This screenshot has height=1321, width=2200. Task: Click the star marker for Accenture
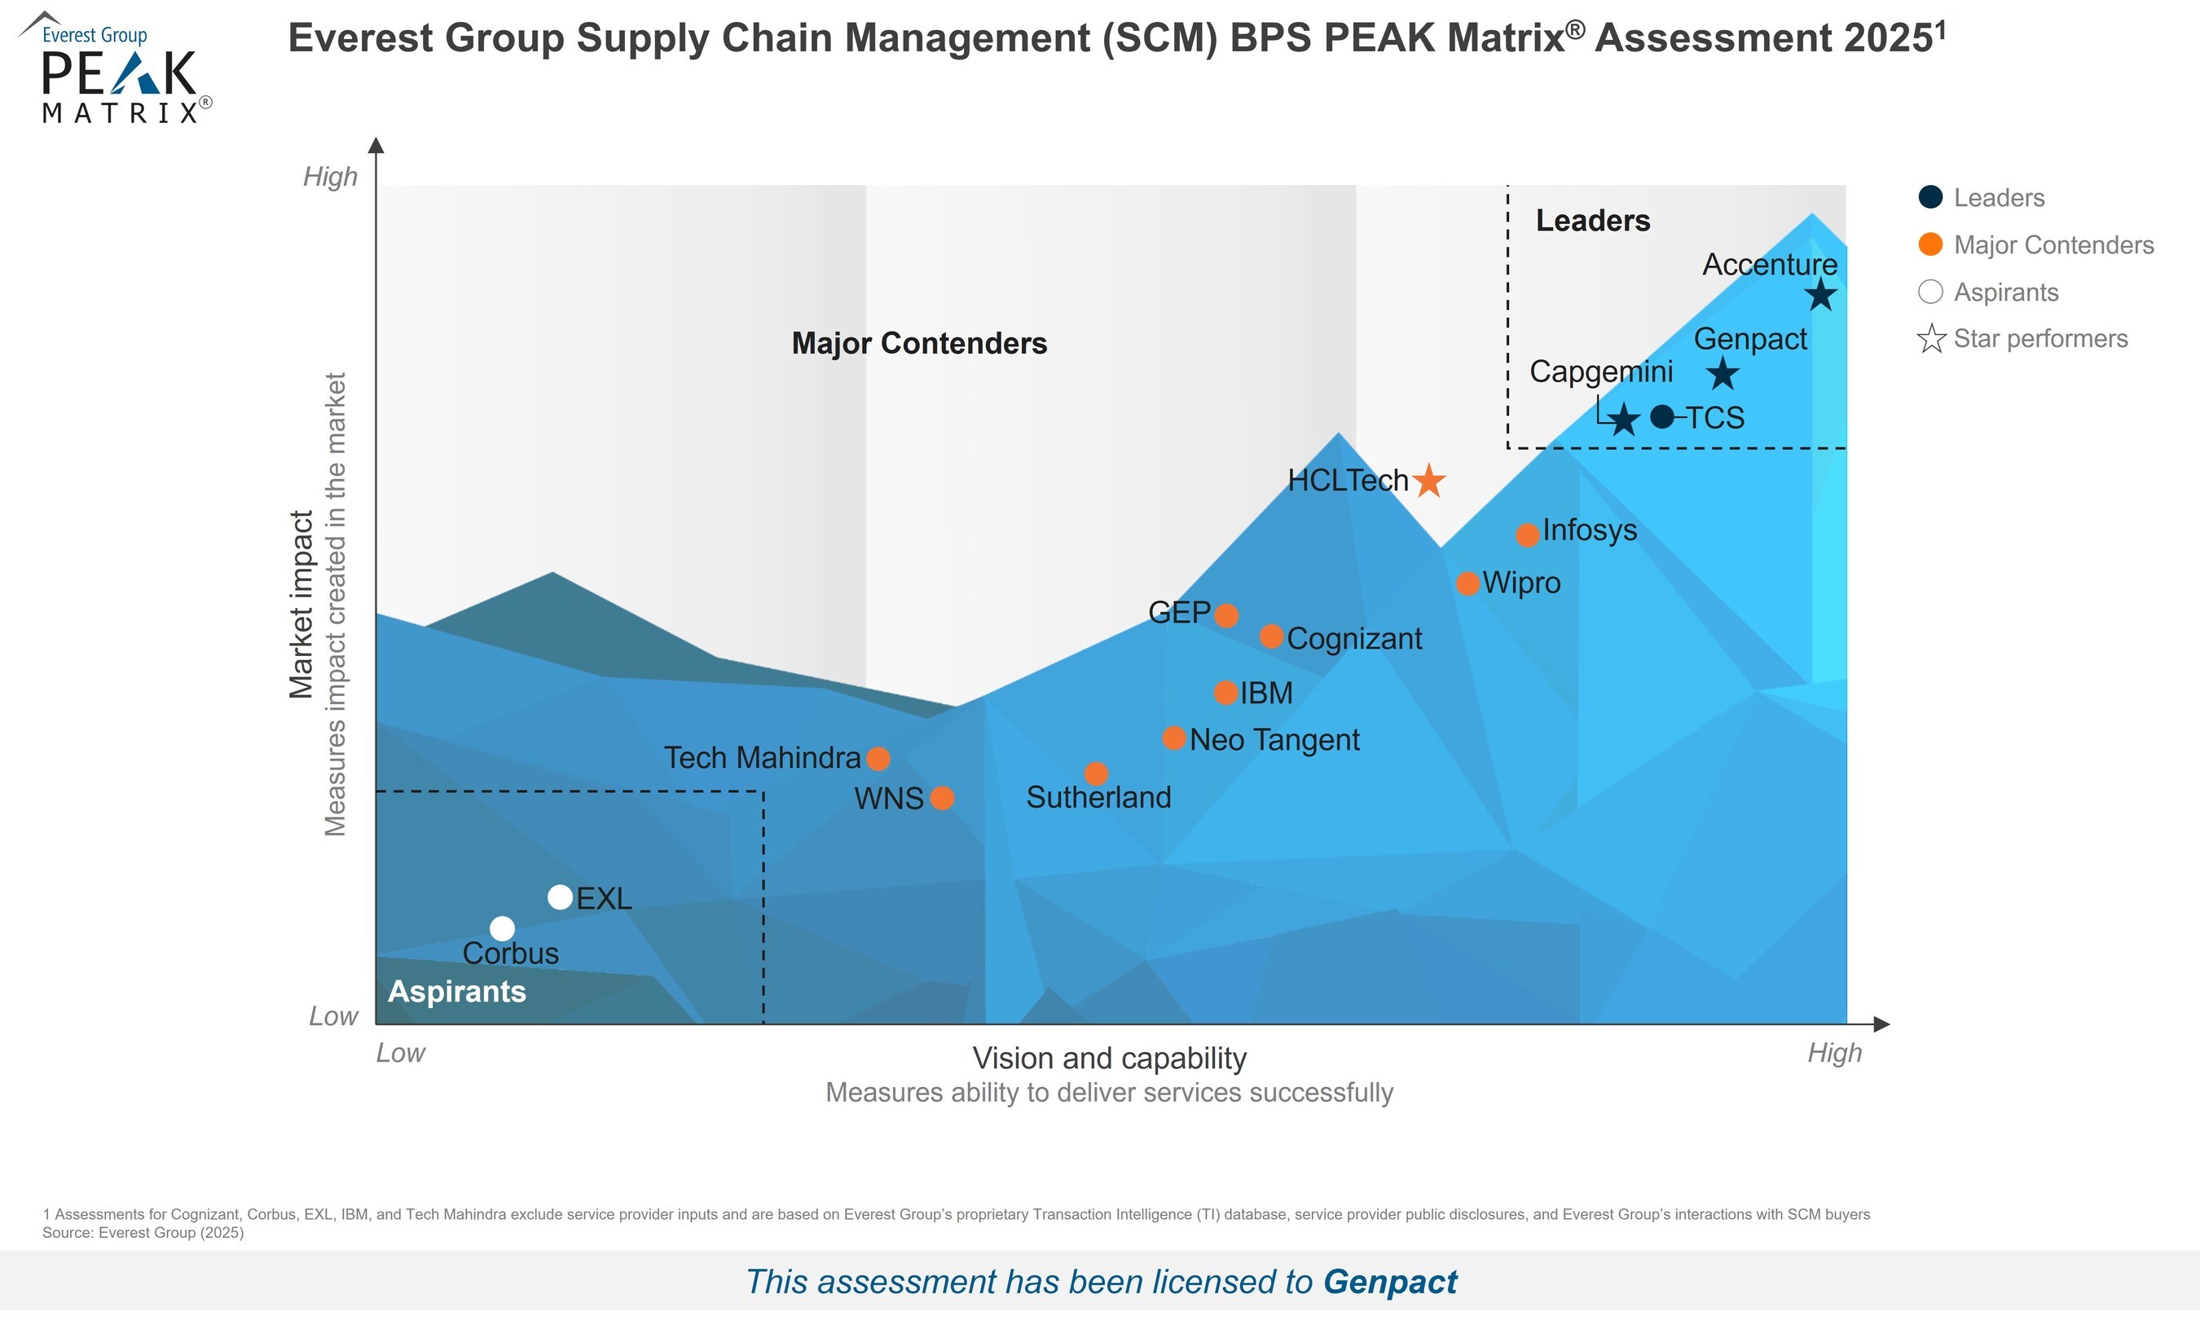[x=1821, y=295]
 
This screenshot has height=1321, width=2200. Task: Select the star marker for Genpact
[x=1723, y=374]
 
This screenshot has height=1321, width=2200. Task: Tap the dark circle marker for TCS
[x=1661, y=416]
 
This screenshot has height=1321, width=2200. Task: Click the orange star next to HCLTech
[x=1429, y=481]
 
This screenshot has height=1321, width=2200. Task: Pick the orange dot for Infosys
[x=1527, y=535]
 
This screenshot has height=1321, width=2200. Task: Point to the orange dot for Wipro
[x=1467, y=583]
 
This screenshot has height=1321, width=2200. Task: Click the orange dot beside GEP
[x=1226, y=615]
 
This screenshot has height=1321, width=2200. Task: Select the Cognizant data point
[x=1272, y=636]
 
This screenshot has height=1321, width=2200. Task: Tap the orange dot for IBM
[x=1225, y=693]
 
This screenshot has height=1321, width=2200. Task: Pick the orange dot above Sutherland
[x=1097, y=773]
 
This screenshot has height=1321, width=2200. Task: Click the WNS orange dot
[x=942, y=798]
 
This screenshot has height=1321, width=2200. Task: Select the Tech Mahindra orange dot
[x=878, y=759]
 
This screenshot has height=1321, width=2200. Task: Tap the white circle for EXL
[x=560, y=897]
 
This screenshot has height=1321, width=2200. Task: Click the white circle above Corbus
[x=502, y=928]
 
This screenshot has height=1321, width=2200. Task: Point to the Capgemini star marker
[x=1624, y=419]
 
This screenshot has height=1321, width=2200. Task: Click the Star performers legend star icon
[x=1931, y=339]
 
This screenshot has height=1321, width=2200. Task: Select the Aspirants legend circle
[x=1930, y=292]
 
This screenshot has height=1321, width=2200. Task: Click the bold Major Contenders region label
[x=919, y=344]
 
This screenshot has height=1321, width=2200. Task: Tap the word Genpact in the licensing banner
[x=1389, y=1282]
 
